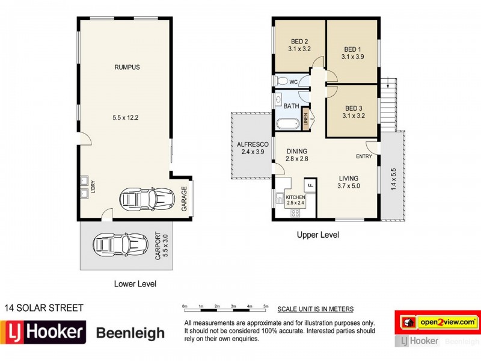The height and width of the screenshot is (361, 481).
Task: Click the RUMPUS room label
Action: (x=127, y=67)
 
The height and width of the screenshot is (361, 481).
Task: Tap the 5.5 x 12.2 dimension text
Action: (x=126, y=117)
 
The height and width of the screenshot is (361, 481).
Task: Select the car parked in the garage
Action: (x=147, y=199)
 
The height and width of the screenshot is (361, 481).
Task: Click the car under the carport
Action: (x=121, y=245)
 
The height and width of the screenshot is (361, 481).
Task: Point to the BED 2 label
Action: (x=299, y=42)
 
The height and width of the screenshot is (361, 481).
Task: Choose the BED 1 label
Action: (x=352, y=49)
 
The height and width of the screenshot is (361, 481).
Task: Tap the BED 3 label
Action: (x=354, y=108)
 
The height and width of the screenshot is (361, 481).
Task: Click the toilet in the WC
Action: (x=282, y=81)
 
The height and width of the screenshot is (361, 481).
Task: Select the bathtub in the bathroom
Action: (x=288, y=124)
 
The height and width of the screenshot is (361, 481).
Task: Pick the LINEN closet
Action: (x=305, y=119)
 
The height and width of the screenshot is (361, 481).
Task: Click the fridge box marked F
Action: (x=310, y=185)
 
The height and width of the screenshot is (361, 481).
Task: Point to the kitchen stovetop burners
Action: (x=295, y=213)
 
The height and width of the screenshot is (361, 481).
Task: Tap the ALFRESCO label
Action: (x=253, y=144)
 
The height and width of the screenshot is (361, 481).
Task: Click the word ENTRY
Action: (x=364, y=156)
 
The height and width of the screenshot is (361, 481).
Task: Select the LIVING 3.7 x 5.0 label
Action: (x=349, y=182)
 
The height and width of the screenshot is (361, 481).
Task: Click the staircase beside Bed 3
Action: (x=388, y=105)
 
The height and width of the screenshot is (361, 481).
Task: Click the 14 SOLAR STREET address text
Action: (x=44, y=308)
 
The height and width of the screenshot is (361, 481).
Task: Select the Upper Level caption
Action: (x=318, y=235)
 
